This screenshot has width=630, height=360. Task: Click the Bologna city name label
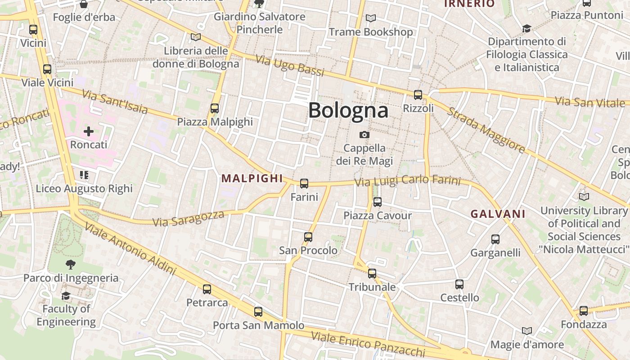(x=348, y=110)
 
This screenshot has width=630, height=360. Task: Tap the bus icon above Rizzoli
(x=418, y=95)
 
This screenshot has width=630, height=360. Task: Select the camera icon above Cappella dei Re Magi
(x=364, y=135)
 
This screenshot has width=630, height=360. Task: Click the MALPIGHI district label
(x=252, y=178)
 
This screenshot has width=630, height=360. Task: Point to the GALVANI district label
(x=498, y=214)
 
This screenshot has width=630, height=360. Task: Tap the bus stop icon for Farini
(x=304, y=184)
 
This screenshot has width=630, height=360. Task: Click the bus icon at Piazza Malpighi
(x=215, y=108)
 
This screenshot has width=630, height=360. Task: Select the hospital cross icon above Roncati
(x=89, y=131)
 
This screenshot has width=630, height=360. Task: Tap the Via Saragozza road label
(x=188, y=218)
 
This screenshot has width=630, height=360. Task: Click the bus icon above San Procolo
(x=308, y=237)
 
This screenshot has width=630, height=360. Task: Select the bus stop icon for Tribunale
(x=372, y=274)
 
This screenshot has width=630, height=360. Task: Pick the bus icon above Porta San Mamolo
(x=258, y=312)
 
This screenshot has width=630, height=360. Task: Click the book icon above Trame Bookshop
(x=371, y=18)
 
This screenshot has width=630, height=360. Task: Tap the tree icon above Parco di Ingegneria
(x=71, y=265)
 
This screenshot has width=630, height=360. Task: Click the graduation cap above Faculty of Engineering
(x=66, y=296)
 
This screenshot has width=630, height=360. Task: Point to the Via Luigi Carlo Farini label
(x=408, y=181)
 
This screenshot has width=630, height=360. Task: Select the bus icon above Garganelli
(x=495, y=239)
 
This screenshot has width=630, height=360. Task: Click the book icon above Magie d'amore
(x=527, y=331)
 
